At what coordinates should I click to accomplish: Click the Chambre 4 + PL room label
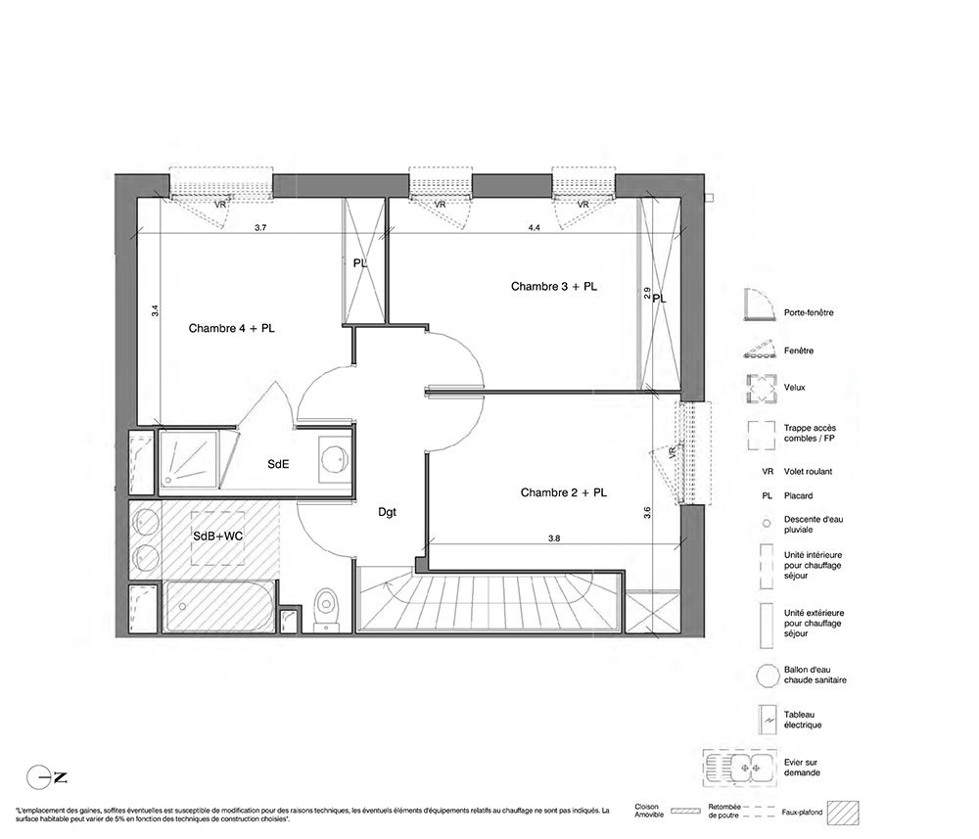232,328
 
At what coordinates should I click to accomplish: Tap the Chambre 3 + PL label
554,287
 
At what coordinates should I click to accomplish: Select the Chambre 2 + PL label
564,492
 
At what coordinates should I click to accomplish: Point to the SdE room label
278,464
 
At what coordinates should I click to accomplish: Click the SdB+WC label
218,536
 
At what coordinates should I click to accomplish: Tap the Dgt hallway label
387,513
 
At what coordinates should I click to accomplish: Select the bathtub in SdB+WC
219,606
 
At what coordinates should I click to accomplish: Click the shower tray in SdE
189,459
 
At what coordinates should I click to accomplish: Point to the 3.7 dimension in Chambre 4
260,228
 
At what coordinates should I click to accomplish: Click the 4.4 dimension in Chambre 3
534,228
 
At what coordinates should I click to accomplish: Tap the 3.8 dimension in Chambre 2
554,538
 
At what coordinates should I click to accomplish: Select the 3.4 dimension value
155,310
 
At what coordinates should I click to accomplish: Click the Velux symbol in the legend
761,389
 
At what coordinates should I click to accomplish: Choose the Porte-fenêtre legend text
809,312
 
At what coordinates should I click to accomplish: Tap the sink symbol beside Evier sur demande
740,769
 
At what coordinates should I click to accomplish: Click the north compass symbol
47,777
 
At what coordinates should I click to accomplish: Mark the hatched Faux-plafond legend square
843,814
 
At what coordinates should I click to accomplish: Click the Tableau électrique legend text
803,720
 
